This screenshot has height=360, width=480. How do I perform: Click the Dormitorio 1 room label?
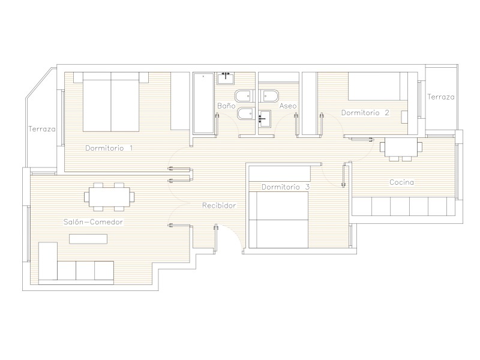point(109,148)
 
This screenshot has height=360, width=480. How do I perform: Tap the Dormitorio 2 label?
point(365,113)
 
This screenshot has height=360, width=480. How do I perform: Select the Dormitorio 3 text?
point(286,187)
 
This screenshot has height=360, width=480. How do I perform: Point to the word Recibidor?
point(219,205)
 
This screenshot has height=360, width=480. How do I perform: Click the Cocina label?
point(401,182)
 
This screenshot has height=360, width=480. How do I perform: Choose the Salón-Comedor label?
point(93,221)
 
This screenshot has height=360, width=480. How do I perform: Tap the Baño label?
point(226,106)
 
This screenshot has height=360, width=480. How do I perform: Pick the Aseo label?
point(288,106)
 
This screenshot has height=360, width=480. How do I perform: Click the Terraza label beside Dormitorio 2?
point(441,97)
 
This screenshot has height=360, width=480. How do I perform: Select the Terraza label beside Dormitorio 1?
point(42,129)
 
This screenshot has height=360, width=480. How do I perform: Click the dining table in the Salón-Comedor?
point(109,197)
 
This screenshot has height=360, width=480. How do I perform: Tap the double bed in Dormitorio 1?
point(111,102)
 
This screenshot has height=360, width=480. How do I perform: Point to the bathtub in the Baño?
point(203,103)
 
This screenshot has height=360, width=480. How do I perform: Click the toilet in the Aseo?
point(269,96)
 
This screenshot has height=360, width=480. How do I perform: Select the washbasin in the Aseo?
point(265,118)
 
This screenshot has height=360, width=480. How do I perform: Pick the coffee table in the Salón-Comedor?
point(88,239)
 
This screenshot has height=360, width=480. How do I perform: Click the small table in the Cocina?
point(401,147)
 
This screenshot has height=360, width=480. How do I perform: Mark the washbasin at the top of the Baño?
point(226,79)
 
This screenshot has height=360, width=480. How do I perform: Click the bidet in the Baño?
point(246,113)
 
